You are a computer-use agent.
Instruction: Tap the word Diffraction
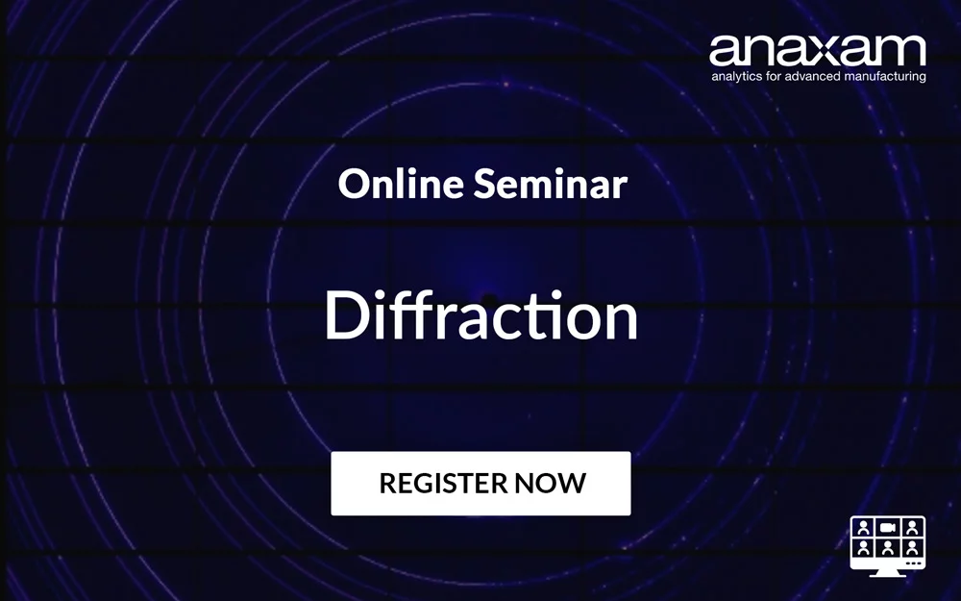coord(480,316)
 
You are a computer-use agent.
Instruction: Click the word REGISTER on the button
coord(441,483)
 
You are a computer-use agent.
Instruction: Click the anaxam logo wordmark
coord(817,50)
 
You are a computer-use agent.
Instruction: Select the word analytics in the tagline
coord(736,75)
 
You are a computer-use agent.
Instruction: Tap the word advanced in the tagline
coord(809,75)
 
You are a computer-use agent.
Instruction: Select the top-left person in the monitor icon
coord(864,527)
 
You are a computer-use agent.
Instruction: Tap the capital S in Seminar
coord(484,183)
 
